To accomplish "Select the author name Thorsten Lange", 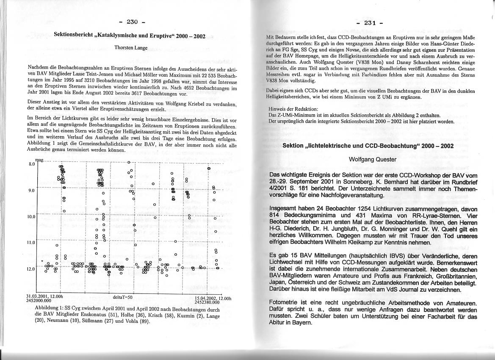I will pyautogui.click(x=131, y=48).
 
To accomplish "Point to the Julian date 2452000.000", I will pyautogui.click(x=39, y=300).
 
